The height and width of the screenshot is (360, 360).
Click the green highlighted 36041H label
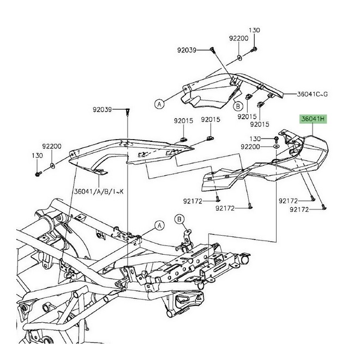pos(310,118)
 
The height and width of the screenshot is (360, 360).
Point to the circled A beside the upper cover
pos(159,103)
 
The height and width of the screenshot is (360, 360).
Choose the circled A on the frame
pos(159,224)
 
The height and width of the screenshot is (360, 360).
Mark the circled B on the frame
pos(179,219)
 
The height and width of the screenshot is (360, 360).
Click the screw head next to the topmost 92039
pos(211,50)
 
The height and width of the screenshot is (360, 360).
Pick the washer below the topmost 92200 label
pos(240,57)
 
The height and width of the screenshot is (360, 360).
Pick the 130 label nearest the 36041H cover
pos(256,139)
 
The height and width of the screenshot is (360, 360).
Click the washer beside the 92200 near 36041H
pos(277,147)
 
